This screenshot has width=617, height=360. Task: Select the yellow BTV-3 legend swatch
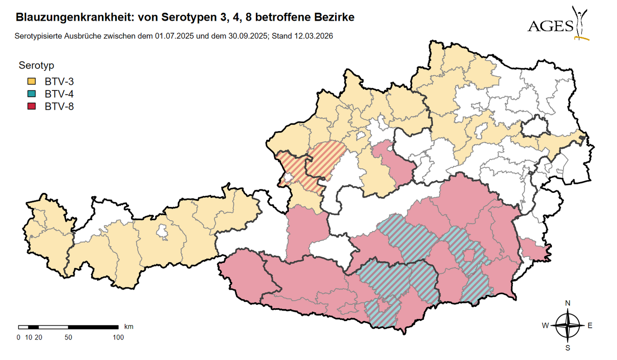pos(31,81)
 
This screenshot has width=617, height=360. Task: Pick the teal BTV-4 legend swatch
pos(31,94)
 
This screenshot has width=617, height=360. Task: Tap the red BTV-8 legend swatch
pos(31,107)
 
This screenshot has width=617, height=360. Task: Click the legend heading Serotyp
pos(36,66)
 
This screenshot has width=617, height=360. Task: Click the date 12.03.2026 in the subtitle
pos(314,36)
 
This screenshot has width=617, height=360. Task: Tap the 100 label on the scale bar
pos(118,337)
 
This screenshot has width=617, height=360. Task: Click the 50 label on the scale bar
pos(68,337)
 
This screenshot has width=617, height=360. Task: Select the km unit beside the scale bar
pos(129,327)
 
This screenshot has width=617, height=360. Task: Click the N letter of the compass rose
pos(568,303)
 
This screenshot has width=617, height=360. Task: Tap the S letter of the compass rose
pos(568,348)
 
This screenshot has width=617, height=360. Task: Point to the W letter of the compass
pos(545,326)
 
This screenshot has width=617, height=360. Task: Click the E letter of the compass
pos(590,326)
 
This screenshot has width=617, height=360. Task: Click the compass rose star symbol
pos(568,326)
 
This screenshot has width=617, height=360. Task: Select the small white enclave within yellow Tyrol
pos(163,231)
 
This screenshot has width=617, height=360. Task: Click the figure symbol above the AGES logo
pos(581,21)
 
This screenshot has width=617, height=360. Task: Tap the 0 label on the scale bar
pos(18,337)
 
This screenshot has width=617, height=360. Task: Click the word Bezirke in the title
pos(337,18)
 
